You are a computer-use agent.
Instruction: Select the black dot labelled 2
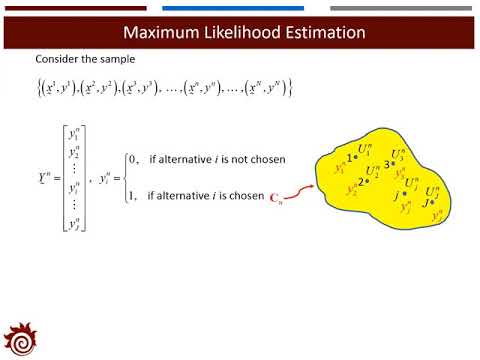pos(369,181)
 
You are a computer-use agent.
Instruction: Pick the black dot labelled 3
pos(393,164)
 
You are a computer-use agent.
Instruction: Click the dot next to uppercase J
pos(432,201)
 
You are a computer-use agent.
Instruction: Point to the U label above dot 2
pos(373,170)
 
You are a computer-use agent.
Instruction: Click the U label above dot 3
pos(398,153)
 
